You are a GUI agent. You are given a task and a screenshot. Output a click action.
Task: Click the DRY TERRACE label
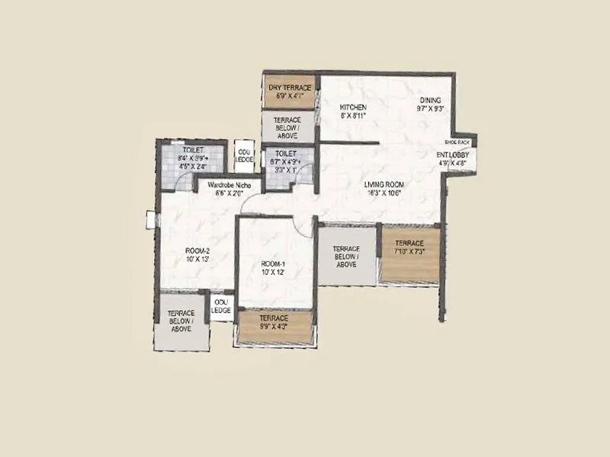pyautogui.click(x=289, y=88)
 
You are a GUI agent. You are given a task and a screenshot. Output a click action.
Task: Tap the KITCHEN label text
pyautogui.click(x=354, y=107)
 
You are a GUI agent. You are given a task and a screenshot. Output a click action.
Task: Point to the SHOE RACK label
pyautogui.click(x=457, y=142)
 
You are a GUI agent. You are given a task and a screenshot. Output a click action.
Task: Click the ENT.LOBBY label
pyautogui.click(x=457, y=155)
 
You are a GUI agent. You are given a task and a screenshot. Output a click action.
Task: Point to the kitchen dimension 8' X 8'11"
pyautogui.click(x=354, y=117)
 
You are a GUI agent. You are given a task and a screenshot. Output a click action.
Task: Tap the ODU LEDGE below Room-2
pyautogui.click(x=221, y=306)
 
